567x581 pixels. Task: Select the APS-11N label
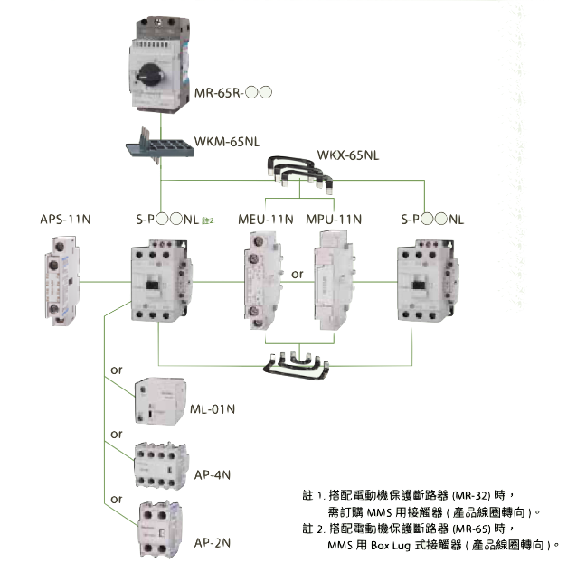tap(66, 219)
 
